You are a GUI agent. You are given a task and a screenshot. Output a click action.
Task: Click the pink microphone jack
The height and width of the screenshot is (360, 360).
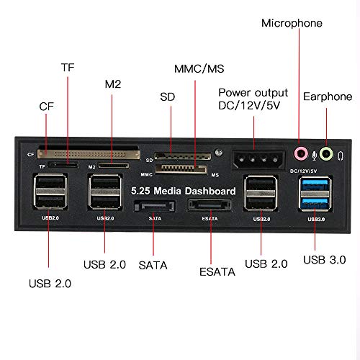point(303,153)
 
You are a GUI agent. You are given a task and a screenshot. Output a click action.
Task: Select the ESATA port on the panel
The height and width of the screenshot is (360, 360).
point(210,206)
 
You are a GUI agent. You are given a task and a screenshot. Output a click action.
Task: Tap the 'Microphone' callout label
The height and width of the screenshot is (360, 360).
point(292,23)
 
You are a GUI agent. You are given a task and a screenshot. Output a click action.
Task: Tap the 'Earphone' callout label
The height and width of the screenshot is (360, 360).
point(328,96)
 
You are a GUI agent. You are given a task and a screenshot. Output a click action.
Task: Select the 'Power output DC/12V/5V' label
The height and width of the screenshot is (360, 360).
point(253,99)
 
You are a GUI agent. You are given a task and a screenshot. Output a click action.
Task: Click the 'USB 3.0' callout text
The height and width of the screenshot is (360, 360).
point(324,259)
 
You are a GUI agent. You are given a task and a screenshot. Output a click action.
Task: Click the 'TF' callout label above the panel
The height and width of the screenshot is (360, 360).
point(68,67)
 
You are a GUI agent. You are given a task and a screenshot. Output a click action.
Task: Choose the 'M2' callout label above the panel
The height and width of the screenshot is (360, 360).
point(112,82)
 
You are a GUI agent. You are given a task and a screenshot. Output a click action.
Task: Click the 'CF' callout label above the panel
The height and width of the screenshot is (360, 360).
point(45,107)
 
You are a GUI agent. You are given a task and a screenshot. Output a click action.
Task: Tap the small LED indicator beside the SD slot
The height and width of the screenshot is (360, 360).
point(217,153)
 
